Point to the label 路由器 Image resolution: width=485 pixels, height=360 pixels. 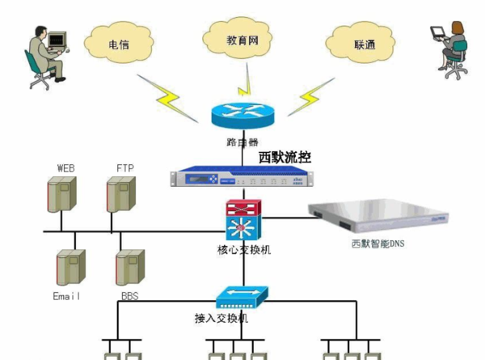pos(242,142)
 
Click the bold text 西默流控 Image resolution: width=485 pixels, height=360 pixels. pos(285,156)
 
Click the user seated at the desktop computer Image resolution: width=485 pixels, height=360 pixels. pos(44,54)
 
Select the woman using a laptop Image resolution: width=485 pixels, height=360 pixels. pos(449,49)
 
